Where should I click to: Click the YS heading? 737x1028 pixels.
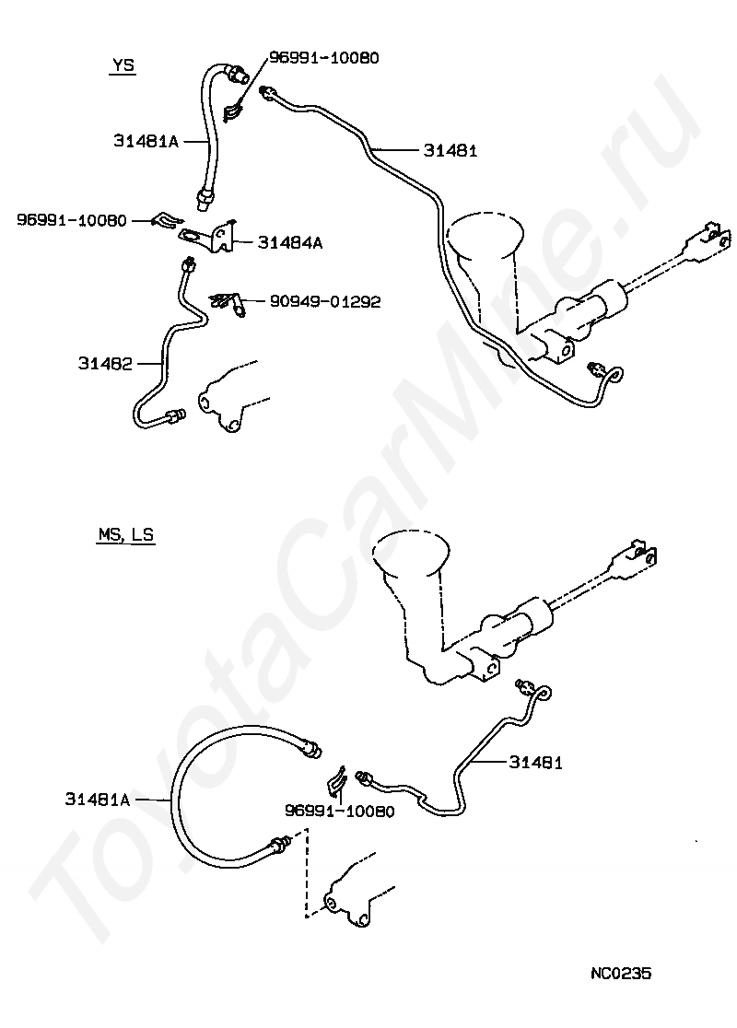point(123,65)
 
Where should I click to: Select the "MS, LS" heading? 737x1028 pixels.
point(126,534)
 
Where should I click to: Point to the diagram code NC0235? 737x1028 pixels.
point(621,973)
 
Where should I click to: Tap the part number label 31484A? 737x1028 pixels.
point(290,243)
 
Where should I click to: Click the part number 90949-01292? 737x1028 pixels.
point(325,301)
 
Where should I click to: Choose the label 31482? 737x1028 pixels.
point(105,363)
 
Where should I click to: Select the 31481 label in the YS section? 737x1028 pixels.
point(450,151)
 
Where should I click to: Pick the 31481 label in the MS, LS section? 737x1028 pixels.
point(535,763)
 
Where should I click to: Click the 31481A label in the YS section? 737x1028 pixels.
point(146,141)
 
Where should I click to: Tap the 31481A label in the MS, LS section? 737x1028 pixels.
point(98,800)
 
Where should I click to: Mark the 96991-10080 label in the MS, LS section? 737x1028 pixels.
point(340,812)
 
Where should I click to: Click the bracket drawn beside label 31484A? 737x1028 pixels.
point(209,236)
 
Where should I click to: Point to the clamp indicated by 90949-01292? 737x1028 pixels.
point(228,303)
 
